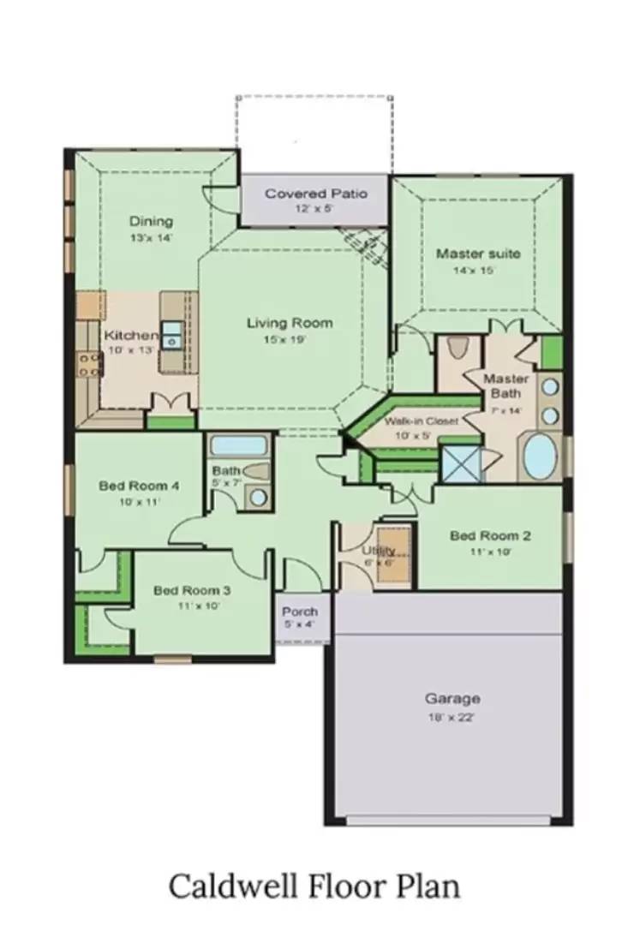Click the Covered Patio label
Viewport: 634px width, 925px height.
[316, 194]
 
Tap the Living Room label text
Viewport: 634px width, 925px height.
[290, 323]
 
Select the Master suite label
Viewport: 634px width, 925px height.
[477, 254]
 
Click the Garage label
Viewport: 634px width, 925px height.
[452, 698]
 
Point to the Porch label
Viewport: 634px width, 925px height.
[300, 612]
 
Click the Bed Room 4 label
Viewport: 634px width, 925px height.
[139, 486]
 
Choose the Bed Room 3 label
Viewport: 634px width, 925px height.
[192, 590]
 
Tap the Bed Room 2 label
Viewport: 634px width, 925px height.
[490, 536]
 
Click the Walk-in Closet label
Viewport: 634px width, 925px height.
[421, 421]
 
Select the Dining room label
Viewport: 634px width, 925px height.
[151, 221]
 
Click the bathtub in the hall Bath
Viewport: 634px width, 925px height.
[239, 445]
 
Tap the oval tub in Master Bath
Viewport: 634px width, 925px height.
[541, 457]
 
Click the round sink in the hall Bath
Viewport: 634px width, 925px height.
[258, 497]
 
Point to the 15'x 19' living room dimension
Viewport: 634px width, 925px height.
[290, 339]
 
